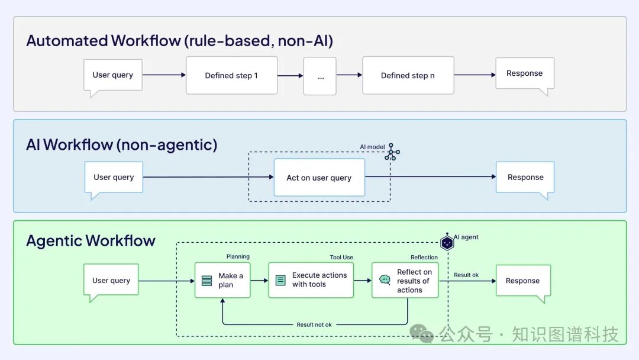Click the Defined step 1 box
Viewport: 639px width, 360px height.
(231, 75)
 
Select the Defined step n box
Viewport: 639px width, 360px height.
(408, 75)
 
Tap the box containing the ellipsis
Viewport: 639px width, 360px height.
(320, 76)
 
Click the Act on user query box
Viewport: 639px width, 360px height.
(319, 178)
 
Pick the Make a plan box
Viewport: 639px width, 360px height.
(222, 281)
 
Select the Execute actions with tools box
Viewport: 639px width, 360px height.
(311, 280)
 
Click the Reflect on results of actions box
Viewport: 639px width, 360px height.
(405, 281)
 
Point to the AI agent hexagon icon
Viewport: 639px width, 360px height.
(447, 242)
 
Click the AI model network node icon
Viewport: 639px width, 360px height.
(392, 152)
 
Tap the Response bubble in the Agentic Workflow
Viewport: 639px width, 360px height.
(522, 281)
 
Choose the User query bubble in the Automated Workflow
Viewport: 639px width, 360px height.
(112, 75)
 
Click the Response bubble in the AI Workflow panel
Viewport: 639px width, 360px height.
(525, 177)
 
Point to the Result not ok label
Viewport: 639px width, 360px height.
(314, 324)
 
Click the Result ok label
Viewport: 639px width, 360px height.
(466, 275)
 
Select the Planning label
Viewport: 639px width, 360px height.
(238, 256)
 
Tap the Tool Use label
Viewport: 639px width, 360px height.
(341, 257)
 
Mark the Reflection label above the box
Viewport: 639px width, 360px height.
(424, 257)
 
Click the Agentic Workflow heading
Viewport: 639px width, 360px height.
(91, 240)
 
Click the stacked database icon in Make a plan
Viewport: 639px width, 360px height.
(206, 281)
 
